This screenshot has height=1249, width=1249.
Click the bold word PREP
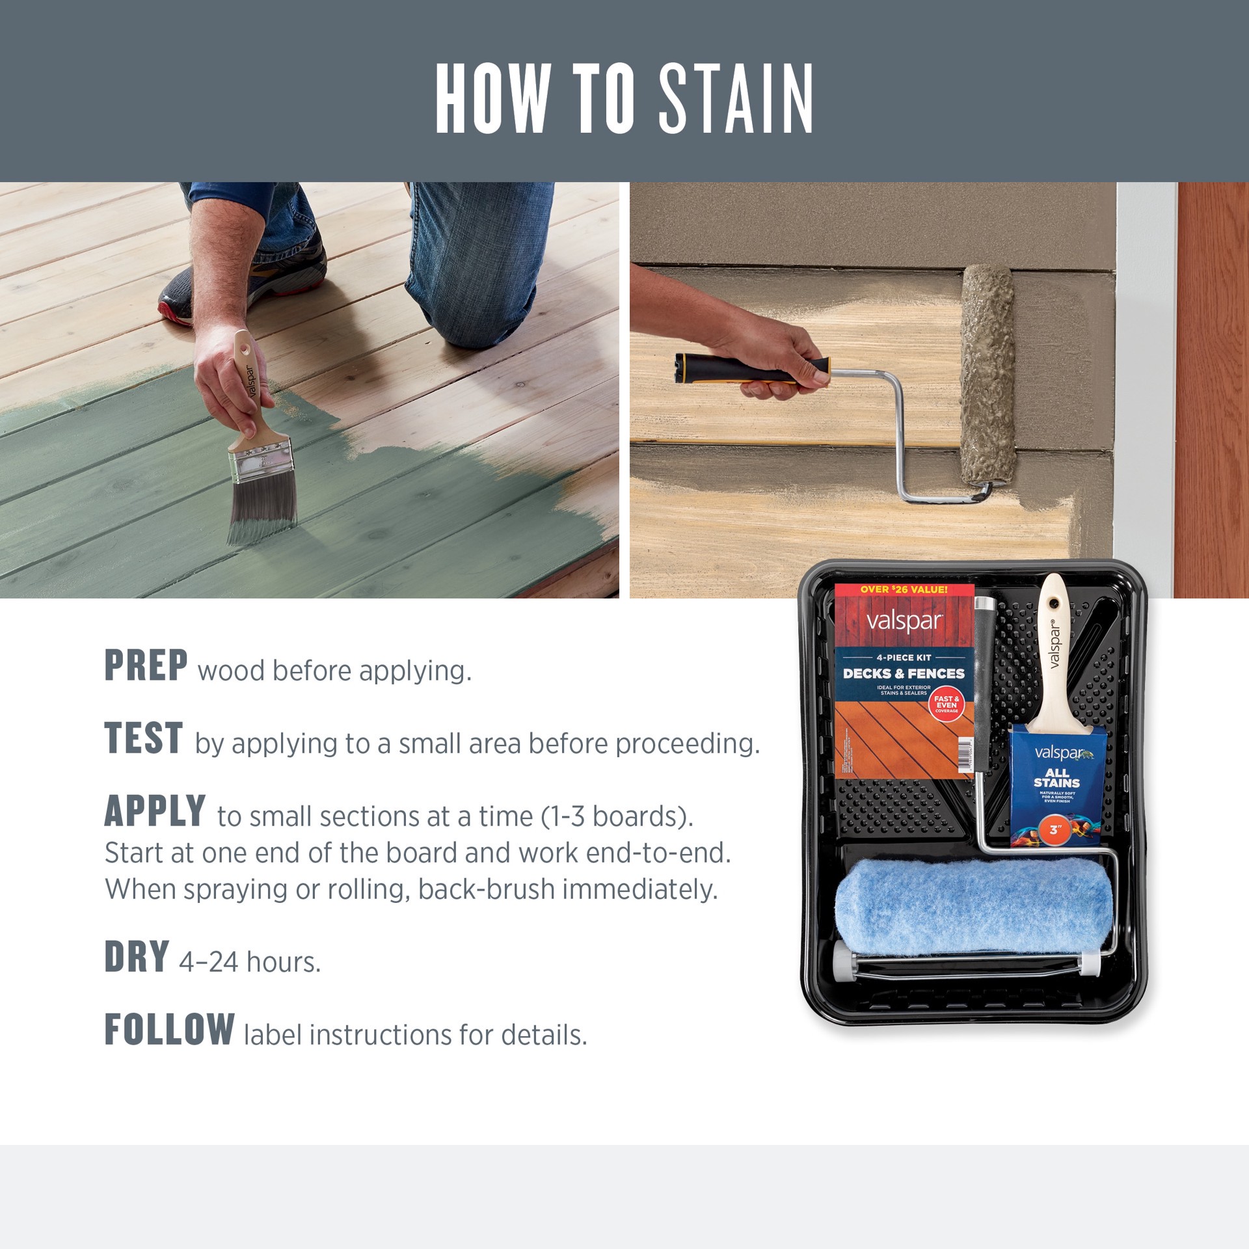(146, 665)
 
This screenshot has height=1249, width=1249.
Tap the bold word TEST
(144, 738)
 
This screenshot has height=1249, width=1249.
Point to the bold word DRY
(137, 957)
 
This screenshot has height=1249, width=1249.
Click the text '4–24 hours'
(250, 962)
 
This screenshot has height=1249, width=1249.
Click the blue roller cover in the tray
(974, 906)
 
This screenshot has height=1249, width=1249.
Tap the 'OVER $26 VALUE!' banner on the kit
(904, 589)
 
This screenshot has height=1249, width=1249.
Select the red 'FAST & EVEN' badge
(946, 704)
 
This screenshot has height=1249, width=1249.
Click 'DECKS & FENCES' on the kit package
(904, 673)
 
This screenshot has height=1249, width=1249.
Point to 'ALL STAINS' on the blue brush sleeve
(1056, 778)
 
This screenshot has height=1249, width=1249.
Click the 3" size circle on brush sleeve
(1055, 830)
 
